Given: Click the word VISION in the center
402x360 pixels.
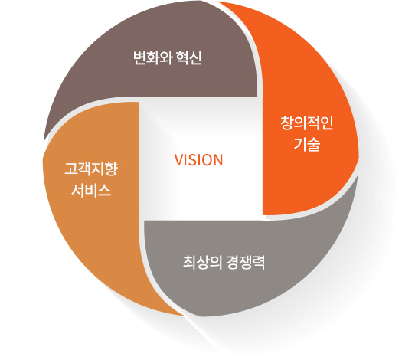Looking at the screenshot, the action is [198, 160].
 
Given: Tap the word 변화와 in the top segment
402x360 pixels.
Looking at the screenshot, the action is [153, 57].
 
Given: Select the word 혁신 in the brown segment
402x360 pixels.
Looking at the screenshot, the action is [189, 57].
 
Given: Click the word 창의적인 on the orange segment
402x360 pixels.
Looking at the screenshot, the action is [306, 123].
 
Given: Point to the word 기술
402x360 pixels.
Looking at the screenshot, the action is [307, 144].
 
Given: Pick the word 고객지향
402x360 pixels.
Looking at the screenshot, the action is [91, 169].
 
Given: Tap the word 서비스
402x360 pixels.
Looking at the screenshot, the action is [91, 190].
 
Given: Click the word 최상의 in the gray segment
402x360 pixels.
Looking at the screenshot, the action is [203, 262].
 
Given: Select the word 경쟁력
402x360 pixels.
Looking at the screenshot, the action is [245, 262].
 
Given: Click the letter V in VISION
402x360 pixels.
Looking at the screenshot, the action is [178, 160].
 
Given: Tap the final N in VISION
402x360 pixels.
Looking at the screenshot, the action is [218, 160].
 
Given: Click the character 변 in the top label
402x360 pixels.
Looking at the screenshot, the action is [140, 57].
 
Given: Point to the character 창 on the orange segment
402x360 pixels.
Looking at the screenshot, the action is [287, 123].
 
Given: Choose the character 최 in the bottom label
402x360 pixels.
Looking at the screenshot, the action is [189, 262].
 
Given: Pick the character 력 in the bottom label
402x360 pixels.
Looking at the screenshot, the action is [259, 262].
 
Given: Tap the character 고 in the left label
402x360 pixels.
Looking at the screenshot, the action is [71, 169].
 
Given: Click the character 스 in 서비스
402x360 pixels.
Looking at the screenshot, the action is [104, 190].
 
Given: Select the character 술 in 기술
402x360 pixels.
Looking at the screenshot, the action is [313, 144].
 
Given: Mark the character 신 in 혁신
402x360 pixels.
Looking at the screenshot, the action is [195, 57].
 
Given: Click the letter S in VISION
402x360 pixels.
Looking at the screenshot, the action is [191, 160].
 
